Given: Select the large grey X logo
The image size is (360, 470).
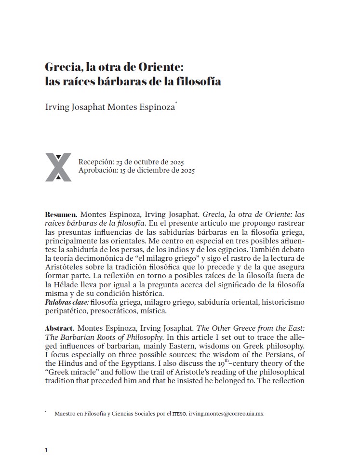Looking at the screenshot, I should [x=58, y=167].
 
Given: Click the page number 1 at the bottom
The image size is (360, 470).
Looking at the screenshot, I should [x=46, y=450].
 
